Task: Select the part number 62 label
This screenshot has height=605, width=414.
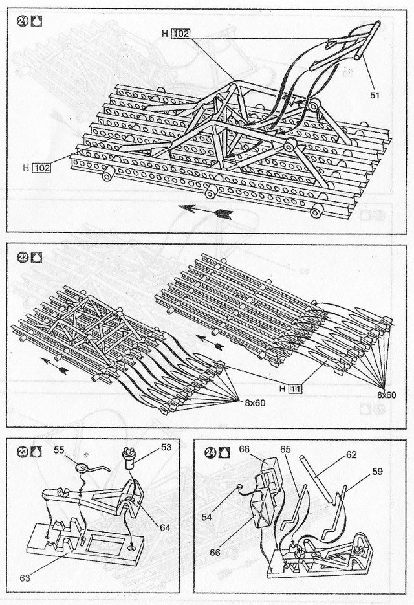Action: (351, 454)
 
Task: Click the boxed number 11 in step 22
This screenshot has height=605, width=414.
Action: (296, 389)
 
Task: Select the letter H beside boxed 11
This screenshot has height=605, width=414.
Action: (282, 389)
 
